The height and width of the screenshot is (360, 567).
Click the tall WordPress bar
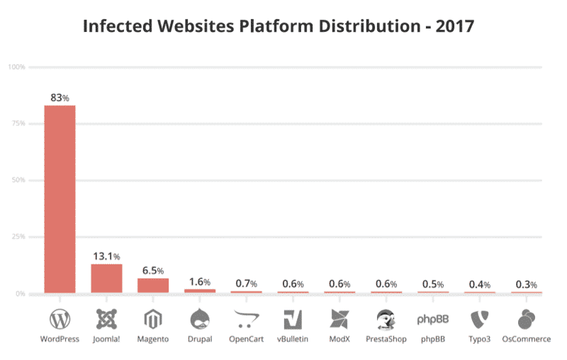(60, 199)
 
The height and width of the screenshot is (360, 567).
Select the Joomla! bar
(106, 279)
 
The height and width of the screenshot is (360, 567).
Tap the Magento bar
(153, 286)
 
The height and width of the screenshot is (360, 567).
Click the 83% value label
(60, 98)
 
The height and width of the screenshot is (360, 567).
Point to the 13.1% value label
(106, 256)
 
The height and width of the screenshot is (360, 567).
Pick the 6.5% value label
(152, 271)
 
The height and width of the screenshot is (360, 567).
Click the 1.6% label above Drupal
(199, 282)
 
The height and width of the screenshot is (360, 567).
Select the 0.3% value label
(525, 284)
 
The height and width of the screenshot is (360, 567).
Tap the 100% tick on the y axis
(16, 67)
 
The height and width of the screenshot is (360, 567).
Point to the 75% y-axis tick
(18, 124)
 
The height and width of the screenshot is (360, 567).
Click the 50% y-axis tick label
(18, 181)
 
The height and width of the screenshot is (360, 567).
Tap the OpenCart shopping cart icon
(246, 320)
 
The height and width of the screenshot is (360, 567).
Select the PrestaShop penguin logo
(386, 320)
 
